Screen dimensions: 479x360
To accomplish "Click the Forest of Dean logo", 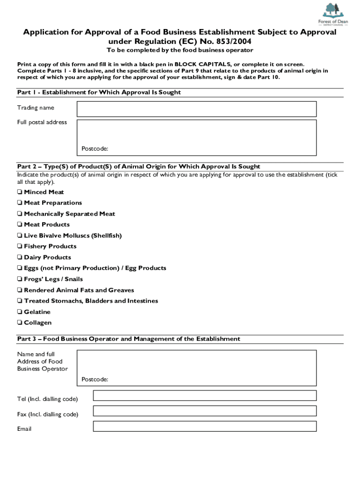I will point(332,13).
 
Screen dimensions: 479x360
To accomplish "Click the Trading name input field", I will point(196,109).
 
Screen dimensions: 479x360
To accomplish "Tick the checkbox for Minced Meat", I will point(20,192).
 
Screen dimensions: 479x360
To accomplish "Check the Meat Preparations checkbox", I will point(20,203).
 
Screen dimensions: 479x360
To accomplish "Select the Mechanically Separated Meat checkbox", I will point(20,214).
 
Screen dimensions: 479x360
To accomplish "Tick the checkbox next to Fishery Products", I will point(20,247).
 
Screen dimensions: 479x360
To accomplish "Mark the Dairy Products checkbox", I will point(20,258).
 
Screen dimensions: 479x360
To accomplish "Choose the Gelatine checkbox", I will point(20,312).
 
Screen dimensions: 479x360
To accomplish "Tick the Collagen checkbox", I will point(20,323).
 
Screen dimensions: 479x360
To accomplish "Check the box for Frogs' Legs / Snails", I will point(20,279).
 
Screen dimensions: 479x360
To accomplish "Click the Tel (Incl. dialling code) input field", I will point(205,396).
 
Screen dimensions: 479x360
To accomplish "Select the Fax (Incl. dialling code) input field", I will point(205,411).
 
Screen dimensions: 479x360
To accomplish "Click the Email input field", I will point(205,427).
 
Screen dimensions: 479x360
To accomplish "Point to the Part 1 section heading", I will point(99,93).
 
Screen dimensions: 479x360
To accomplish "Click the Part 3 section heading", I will point(129,339).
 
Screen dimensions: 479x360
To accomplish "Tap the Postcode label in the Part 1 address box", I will point(95,149).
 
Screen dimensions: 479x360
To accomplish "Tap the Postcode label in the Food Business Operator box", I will point(95,379).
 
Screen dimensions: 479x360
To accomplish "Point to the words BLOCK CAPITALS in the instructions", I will point(200,64).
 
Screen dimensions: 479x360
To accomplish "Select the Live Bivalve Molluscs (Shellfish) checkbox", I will point(20,236).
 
